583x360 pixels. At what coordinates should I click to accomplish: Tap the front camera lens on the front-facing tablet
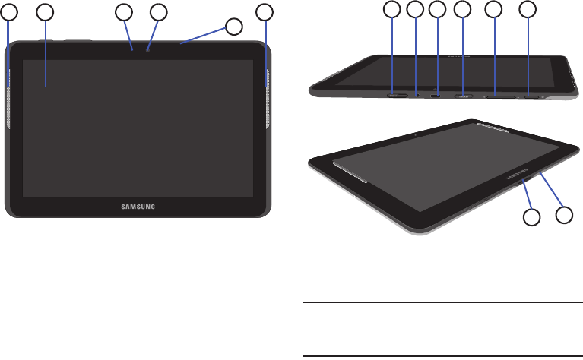(x=148, y=50)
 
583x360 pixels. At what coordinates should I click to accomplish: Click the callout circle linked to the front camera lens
(x=158, y=12)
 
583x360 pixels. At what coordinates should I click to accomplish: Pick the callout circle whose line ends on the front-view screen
(x=46, y=12)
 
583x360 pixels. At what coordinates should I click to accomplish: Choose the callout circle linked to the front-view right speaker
(x=265, y=12)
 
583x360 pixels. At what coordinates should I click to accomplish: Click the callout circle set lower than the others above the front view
(x=234, y=27)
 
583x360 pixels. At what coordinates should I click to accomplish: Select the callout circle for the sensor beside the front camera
(x=123, y=12)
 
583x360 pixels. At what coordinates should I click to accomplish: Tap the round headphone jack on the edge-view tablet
(x=417, y=96)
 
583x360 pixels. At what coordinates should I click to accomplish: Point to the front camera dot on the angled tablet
(x=417, y=133)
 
